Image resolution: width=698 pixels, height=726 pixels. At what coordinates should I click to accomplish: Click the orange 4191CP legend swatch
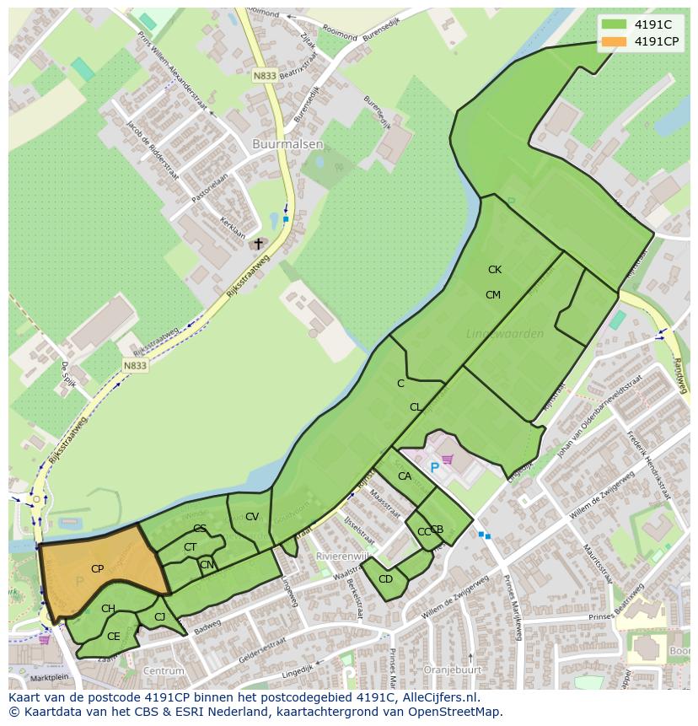click(x=615, y=41)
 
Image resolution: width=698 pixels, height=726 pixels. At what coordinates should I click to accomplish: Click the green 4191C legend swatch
click(x=615, y=24)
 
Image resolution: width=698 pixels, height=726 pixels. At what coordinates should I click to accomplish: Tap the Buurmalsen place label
click(x=287, y=144)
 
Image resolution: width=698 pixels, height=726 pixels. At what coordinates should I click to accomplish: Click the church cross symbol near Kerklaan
click(x=259, y=244)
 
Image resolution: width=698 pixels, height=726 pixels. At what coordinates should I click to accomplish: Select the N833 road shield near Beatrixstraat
click(x=265, y=76)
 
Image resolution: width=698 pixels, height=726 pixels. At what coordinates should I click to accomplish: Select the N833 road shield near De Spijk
click(x=134, y=365)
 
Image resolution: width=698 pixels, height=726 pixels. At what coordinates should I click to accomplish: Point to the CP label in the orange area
click(x=97, y=569)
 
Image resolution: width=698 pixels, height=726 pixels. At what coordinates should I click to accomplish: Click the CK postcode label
click(x=494, y=270)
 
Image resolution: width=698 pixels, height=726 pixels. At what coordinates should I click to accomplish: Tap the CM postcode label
click(x=492, y=295)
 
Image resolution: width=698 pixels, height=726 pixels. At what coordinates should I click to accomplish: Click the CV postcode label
click(x=251, y=517)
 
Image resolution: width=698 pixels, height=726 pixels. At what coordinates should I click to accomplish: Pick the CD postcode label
click(x=385, y=579)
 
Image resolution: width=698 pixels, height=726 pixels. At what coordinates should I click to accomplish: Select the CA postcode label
click(x=405, y=476)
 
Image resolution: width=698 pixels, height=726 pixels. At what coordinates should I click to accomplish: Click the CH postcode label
click(x=108, y=609)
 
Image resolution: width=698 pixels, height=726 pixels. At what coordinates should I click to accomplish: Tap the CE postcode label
click(x=113, y=637)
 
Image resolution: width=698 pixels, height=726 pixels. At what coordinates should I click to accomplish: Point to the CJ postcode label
click(x=159, y=617)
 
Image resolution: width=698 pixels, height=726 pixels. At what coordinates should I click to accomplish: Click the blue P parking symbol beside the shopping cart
click(x=435, y=467)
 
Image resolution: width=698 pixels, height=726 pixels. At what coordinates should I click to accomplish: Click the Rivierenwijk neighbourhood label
click(x=341, y=557)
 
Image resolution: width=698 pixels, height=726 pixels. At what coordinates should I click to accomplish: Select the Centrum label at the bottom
click(x=164, y=671)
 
